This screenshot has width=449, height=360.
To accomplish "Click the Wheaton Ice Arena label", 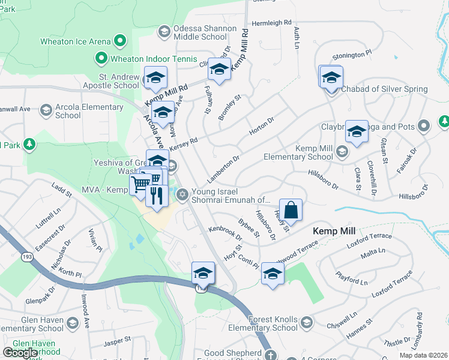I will coord(75,41).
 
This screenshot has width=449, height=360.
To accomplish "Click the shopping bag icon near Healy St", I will coord(291,211).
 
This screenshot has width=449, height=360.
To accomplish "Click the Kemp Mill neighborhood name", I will coord(334,230).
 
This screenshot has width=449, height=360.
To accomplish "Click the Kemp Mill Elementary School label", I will coord(298,152).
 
